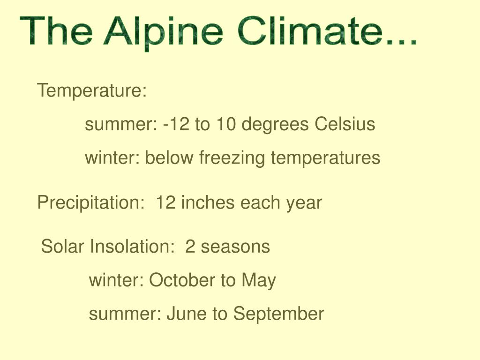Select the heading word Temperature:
tap(92, 90)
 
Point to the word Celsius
tap(345, 124)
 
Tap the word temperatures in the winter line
tap(325, 158)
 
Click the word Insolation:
tap(132, 246)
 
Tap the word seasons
tap(235, 247)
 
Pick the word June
tap(186, 314)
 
